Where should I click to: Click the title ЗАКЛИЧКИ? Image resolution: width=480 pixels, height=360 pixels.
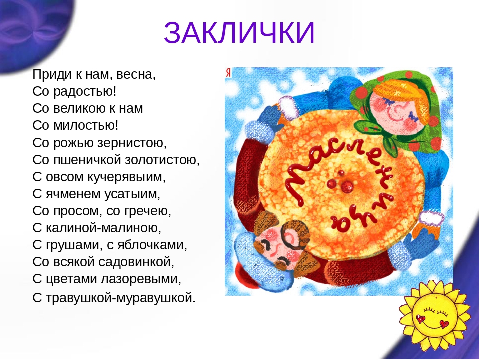click(239, 33)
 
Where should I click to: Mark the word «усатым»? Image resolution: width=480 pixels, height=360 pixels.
click(130, 194)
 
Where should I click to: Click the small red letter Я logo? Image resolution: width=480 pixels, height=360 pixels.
click(228, 73)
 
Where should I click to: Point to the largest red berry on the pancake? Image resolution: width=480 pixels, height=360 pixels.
click(347, 186)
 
